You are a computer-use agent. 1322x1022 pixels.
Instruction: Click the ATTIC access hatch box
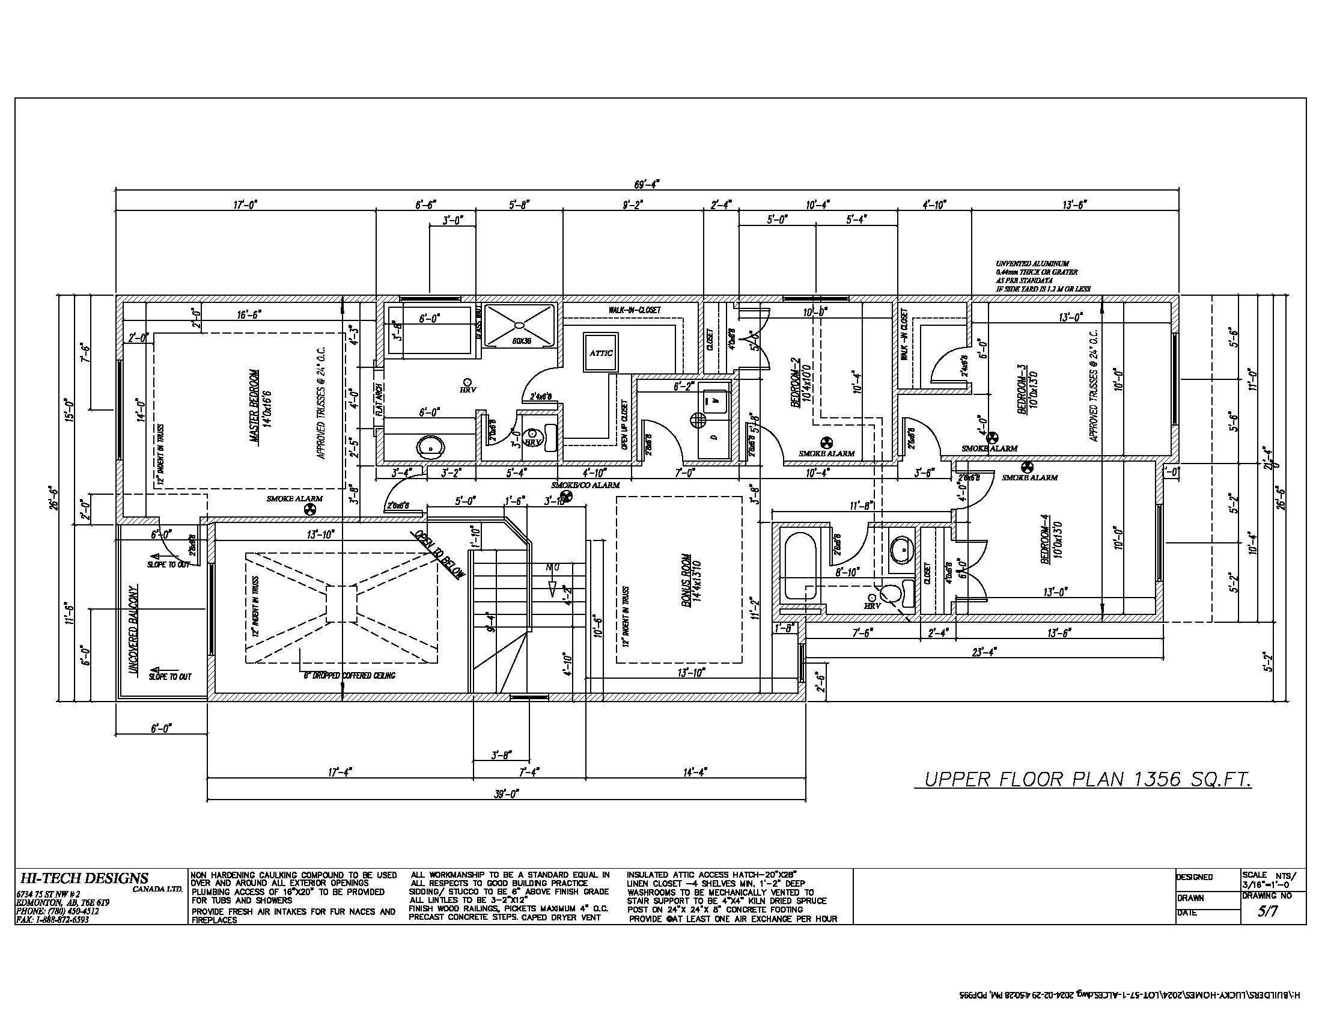[x=600, y=353]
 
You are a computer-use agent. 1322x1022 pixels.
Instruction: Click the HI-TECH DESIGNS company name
[x=84, y=878]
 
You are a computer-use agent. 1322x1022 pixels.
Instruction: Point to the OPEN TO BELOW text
[x=439, y=555]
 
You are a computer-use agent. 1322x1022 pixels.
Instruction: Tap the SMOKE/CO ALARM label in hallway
[x=585, y=485]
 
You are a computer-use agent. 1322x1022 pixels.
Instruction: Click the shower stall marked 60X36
[x=520, y=325]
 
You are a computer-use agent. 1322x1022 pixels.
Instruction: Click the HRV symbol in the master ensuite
[x=468, y=386]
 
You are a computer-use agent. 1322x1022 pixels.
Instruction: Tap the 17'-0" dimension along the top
[x=246, y=205]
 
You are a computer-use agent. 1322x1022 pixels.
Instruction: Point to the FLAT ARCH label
[x=379, y=400]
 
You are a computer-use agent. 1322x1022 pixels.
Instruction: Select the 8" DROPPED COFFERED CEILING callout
[x=349, y=675]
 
